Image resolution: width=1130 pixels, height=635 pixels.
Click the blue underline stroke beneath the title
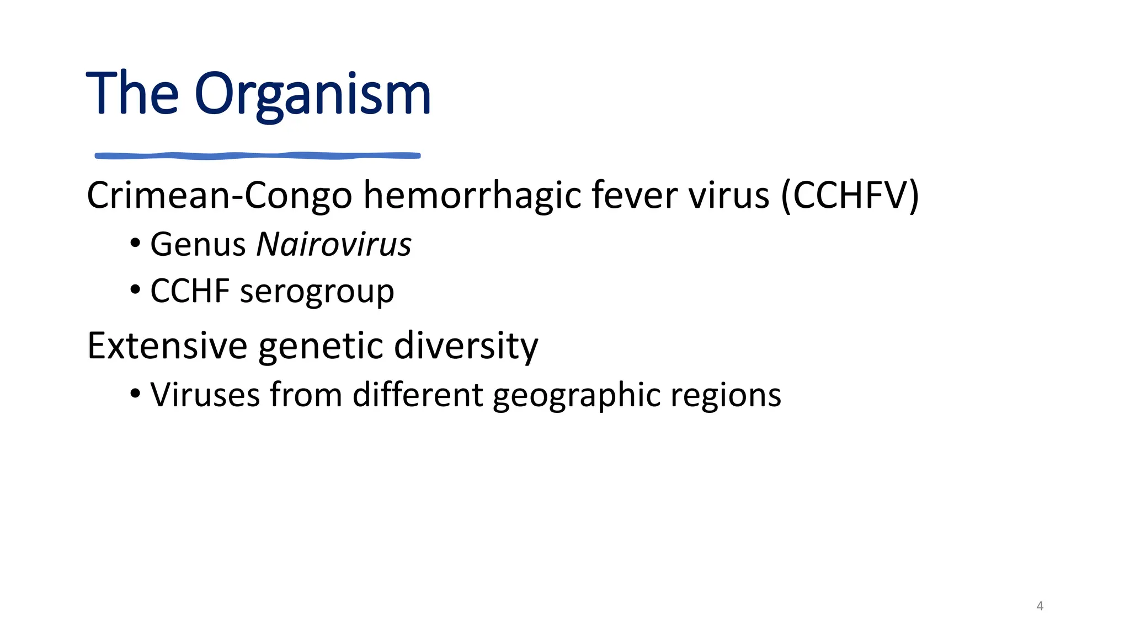pyautogui.click(x=258, y=156)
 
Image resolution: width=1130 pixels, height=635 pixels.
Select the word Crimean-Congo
pyautogui.click(x=219, y=196)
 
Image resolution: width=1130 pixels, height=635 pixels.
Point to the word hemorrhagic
pyautogui.click(x=472, y=196)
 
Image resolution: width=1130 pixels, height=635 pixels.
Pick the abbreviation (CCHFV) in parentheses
pyautogui.click(x=850, y=196)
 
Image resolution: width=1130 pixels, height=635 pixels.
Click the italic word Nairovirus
pyautogui.click(x=334, y=244)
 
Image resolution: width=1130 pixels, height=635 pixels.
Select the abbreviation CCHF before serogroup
pyautogui.click(x=190, y=291)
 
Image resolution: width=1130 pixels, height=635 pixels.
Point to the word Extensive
pyautogui.click(x=167, y=346)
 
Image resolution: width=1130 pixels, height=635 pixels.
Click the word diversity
pyautogui.click(x=466, y=346)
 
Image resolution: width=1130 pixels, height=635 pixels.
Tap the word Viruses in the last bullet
pyautogui.click(x=205, y=395)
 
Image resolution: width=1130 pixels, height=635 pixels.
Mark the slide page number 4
pyautogui.click(x=1040, y=606)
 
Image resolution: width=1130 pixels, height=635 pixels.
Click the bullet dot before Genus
pyautogui.click(x=135, y=243)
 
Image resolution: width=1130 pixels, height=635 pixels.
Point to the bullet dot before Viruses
pyautogui.click(x=135, y=394)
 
